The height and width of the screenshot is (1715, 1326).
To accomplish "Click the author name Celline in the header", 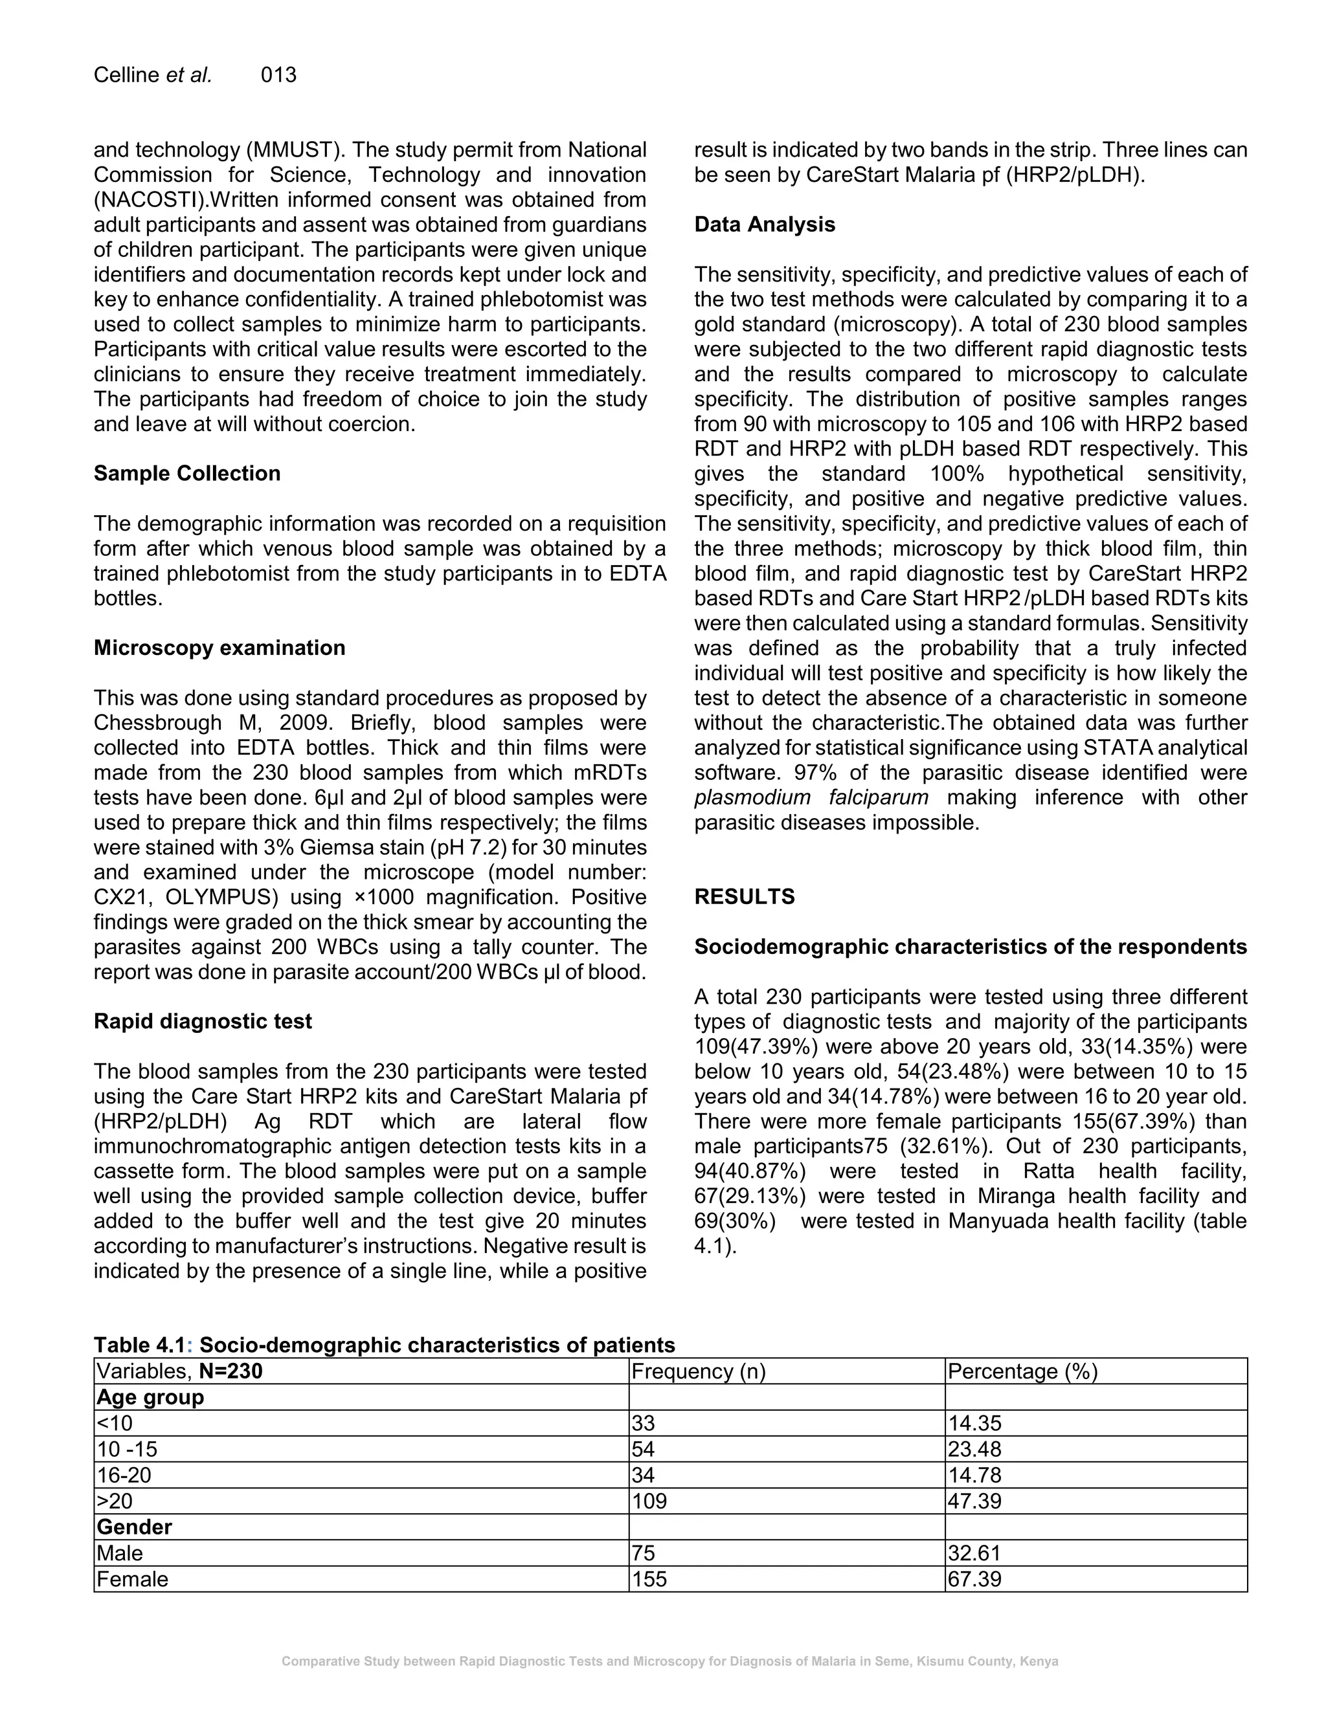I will [x=126, y=75].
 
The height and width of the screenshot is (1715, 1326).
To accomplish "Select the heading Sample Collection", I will [x=187, y=474].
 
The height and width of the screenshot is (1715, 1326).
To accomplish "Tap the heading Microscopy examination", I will [x=219, y=648].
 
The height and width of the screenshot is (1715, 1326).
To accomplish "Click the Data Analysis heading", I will [x=765, y=225].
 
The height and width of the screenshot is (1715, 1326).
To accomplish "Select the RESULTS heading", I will [x=744, y=897].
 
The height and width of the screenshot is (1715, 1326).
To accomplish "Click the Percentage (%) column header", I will [x=1022, y=1371].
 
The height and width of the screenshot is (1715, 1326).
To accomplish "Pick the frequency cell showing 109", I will [x=649, y=1501].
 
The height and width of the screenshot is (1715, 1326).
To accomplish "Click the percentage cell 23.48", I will [x=974, y=1450].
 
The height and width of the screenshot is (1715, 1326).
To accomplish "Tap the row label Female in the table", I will [x=132, y=1579].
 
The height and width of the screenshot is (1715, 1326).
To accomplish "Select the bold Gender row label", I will [x=134, y=1527].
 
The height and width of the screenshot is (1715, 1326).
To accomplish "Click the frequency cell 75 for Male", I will [x=644, y=1553].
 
